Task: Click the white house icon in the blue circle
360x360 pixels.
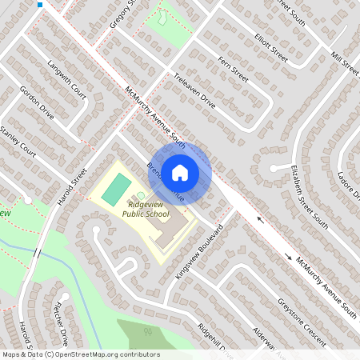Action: (x=180, y=171)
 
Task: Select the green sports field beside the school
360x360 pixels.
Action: (x=117, y=190)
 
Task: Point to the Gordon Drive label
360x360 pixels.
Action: (x=36, y=102)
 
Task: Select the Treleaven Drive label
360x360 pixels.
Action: (x=195, y=91)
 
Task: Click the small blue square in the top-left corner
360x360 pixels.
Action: (x=40, y=5)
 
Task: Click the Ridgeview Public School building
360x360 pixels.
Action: (x=170, y=234)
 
